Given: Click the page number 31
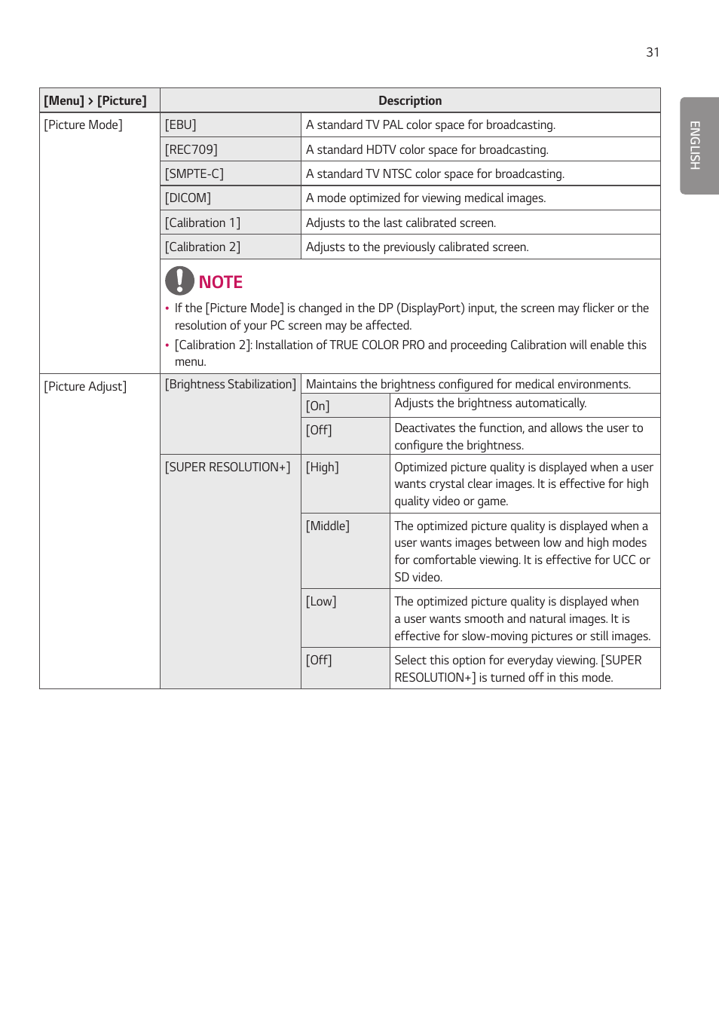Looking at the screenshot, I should click(652, 52).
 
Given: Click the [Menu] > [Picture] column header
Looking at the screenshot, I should click(96, 101).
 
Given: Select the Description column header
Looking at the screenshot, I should click(410, 101).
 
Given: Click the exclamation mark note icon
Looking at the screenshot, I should click(179, 281).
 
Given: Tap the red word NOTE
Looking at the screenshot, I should click(221, 282).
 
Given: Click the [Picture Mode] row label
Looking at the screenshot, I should click(84, 125).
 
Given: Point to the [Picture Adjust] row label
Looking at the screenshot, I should click(85, 387).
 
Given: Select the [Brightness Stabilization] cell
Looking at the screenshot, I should click(231, 385).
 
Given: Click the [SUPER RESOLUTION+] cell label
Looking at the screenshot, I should click(228, 468).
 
